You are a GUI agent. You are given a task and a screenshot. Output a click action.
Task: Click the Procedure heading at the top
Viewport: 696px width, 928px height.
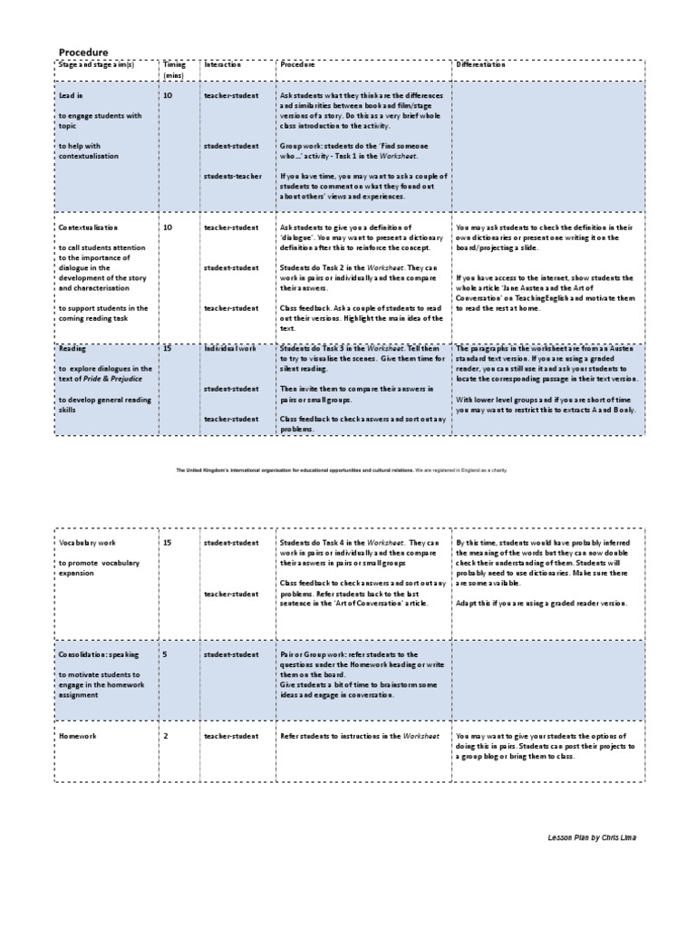83,53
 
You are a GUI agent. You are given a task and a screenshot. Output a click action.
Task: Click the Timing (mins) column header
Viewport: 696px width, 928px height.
173,70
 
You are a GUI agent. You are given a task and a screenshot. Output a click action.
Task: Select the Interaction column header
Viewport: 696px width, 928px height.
223,65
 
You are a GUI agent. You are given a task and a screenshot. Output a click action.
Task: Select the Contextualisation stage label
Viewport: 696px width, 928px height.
88,227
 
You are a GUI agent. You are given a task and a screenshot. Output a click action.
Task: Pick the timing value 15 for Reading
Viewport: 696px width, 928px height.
168,348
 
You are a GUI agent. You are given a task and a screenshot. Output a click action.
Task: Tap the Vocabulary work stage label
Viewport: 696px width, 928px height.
89,543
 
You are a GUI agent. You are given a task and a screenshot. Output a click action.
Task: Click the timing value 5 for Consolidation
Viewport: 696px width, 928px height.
165,653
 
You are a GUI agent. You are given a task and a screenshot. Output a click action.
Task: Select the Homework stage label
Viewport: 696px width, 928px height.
78,736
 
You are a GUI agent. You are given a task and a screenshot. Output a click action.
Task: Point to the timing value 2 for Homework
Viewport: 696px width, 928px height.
165,736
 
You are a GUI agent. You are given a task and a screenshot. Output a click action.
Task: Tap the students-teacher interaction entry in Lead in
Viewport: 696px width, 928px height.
232,176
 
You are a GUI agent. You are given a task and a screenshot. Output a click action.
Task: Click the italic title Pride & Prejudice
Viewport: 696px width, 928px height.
121,379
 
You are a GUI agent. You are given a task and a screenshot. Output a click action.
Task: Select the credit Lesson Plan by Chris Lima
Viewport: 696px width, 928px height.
592,837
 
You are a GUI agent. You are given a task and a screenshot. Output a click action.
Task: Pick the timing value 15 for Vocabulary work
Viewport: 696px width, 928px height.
168,543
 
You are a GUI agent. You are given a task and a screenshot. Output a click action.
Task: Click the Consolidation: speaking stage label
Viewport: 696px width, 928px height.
100,653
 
